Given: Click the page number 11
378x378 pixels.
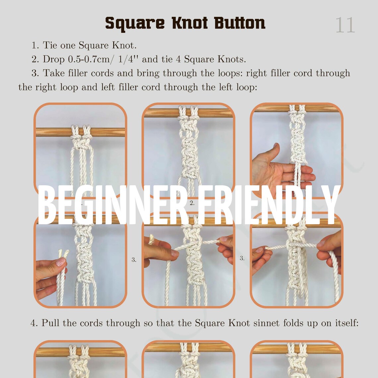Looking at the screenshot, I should (345, 25).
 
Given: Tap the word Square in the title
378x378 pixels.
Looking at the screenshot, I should (134, 24).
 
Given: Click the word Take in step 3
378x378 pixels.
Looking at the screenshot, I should (53, 73).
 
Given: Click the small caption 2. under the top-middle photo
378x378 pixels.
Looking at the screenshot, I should (192, 203).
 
